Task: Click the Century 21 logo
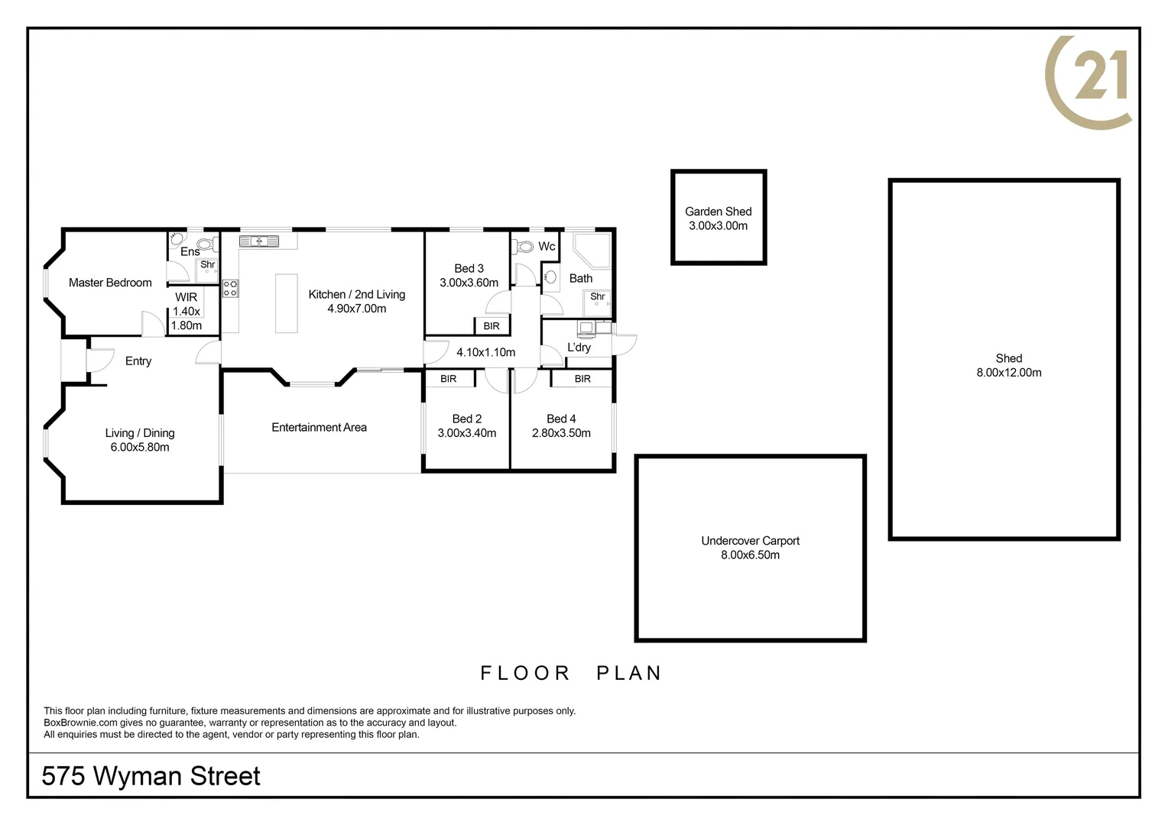pos(1089,81)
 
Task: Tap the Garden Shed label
pos(718,212)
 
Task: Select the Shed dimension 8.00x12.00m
pos(1008,373)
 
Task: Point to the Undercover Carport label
pos(750,541)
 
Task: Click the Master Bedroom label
pos(110,283)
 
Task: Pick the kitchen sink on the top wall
pos(259,241)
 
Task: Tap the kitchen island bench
pos(287,303)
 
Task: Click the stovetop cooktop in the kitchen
pos(230,289)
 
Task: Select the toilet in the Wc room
pos(524,247)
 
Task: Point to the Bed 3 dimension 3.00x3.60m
pos(469,283)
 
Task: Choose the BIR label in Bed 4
pos(582,379)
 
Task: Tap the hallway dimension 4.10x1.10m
pos(485,352)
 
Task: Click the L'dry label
pos(579,348)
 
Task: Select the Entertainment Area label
pos(319,428)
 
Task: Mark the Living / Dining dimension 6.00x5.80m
pos(140,448)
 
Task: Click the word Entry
pos(138,361)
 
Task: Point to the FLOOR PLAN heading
pos(570,673)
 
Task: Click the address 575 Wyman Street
pos(151,776)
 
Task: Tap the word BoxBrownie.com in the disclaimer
pos(80,723)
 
